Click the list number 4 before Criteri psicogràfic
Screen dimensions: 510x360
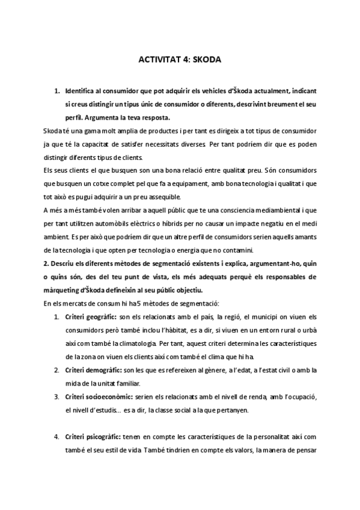click(56, 437)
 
